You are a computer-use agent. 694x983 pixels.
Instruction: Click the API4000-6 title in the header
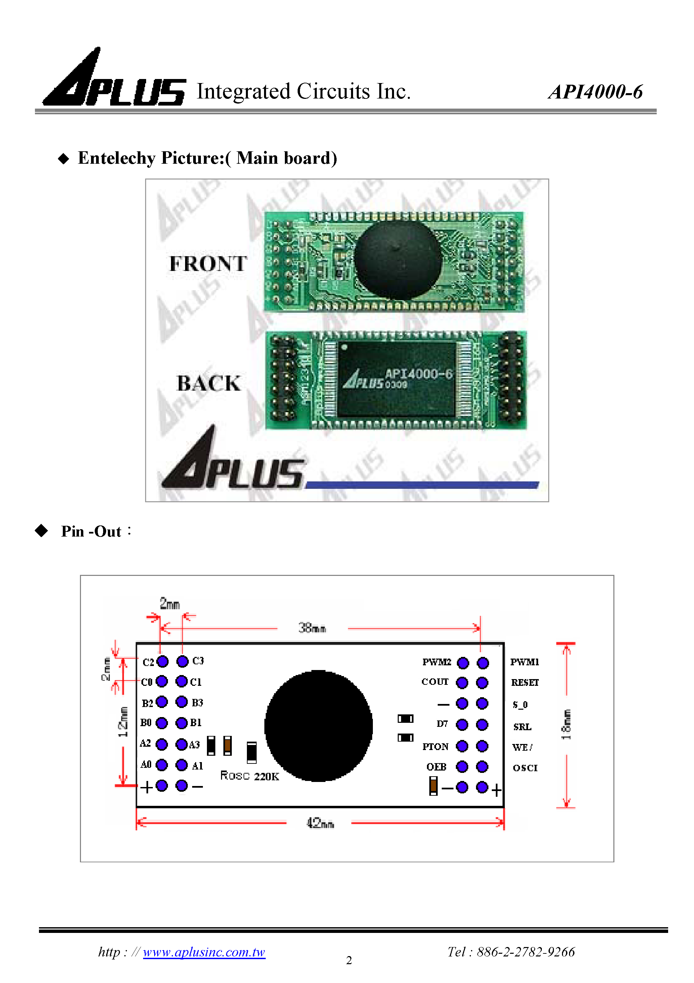coord(595,92)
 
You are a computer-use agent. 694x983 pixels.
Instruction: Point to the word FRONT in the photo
coord(208,263)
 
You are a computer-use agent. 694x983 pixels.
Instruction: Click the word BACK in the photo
coord(209,383)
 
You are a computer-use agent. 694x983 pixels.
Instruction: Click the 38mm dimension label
coord(312,628)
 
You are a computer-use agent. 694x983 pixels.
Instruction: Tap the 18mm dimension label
coord(566,724)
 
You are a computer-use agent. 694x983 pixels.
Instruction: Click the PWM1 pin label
coord(525,662)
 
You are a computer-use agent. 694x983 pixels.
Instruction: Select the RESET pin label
coord(525,682)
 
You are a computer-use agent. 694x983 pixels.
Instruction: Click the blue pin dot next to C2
coord(163,662)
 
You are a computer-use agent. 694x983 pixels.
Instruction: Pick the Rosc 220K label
coord(250,776)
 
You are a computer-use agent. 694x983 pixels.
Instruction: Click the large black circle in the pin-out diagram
coord(318,726)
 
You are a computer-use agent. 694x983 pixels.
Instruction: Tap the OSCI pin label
coord(525,768)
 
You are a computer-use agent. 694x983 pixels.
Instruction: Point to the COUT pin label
coord(435,681)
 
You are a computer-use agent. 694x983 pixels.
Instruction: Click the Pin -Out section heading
coord(91,531)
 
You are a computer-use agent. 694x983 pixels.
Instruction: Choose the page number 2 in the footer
coord(349,960)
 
